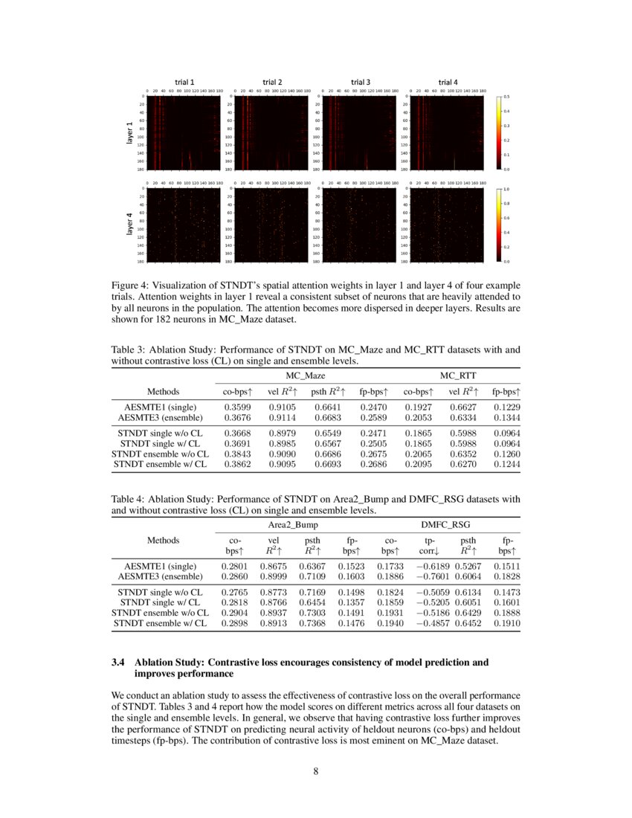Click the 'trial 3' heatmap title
pyautogui.click(x=360, y=82)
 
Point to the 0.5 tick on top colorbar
pyautogui.click(x=507, y=97)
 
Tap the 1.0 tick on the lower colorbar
pyautogui.click(x=507, y=190)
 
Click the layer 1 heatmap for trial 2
pyautogui.click(x=270, y=133)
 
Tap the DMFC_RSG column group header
pyautogui.click(x=445, y=525)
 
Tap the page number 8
pyautogui.click(x=315, y=771)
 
